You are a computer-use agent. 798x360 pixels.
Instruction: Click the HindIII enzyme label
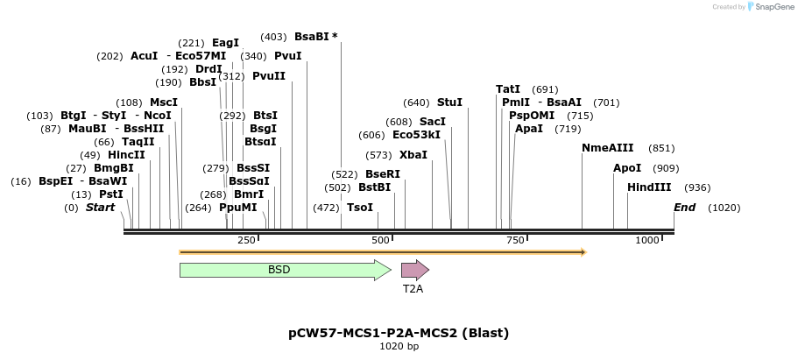click(x=649, y=187)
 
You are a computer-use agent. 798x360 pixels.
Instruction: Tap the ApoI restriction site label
click(x=627, y=167)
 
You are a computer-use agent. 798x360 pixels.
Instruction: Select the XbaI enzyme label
click(x=413, y=155)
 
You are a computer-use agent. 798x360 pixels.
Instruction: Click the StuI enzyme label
click(x=449, y=102)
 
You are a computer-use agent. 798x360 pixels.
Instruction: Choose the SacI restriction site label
click(x=433, y=122)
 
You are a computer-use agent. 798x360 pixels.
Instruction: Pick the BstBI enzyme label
click(x=375, y=187)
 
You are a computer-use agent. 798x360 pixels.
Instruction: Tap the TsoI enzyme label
click(x=360, y=208)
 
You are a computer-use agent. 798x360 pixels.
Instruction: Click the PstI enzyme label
click(x=110, y=194)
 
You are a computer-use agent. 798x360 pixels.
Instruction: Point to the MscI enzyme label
click(x=164, y=102)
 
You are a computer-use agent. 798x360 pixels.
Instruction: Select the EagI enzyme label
click(x=225, y=43)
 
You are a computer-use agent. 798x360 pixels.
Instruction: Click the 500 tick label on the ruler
click(x=380, y=240)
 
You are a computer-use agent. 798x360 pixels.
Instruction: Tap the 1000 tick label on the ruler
click(x=647, y=240)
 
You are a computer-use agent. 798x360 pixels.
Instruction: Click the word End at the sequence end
click(x=684, y=208)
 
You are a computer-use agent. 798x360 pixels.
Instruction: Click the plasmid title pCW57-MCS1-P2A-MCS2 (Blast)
click(x=399, y=333)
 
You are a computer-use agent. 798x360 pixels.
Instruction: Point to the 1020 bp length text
click(x=399, y=347)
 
